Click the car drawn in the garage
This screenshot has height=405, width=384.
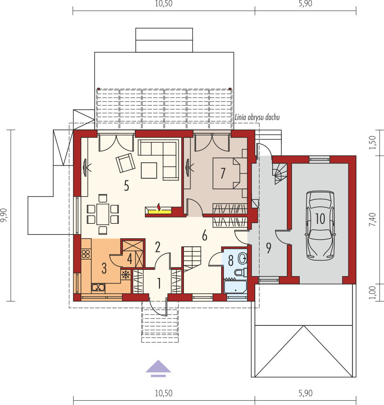320,225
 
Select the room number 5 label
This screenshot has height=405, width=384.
127,186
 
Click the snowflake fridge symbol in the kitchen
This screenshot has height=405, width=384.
126,275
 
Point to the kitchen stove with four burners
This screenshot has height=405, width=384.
86,254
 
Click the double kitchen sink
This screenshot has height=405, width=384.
98,288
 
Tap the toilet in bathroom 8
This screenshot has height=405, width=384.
241,272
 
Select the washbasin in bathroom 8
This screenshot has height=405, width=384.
242,258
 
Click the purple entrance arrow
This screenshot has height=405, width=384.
158,368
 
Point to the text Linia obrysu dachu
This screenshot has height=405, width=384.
257,117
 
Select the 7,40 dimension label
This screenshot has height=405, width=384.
372,219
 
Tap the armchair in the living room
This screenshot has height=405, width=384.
125,163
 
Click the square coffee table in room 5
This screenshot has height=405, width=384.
149,170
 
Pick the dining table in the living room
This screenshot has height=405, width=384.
103,214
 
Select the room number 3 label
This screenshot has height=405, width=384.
104,268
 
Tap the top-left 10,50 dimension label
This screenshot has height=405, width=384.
164,4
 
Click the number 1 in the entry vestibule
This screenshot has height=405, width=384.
159,283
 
